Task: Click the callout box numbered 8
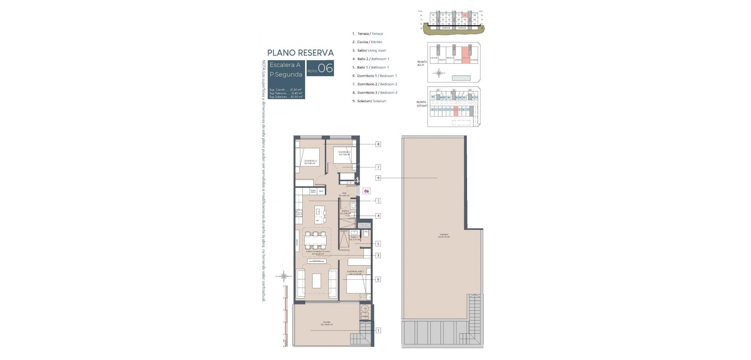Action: coord(378,144)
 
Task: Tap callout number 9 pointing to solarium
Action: coord(378,178)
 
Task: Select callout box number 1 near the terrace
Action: coord(378,331)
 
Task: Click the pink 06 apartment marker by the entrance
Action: coord(367,191)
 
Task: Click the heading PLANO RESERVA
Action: coord(300,53)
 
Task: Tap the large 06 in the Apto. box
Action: coord(325,69)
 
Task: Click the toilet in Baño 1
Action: coord(366,234)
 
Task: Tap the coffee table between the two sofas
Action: coord(316,280)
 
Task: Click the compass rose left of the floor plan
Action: coord(285,276)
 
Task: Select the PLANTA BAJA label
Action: coord(421,63)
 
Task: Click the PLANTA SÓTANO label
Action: coord(421,104)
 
